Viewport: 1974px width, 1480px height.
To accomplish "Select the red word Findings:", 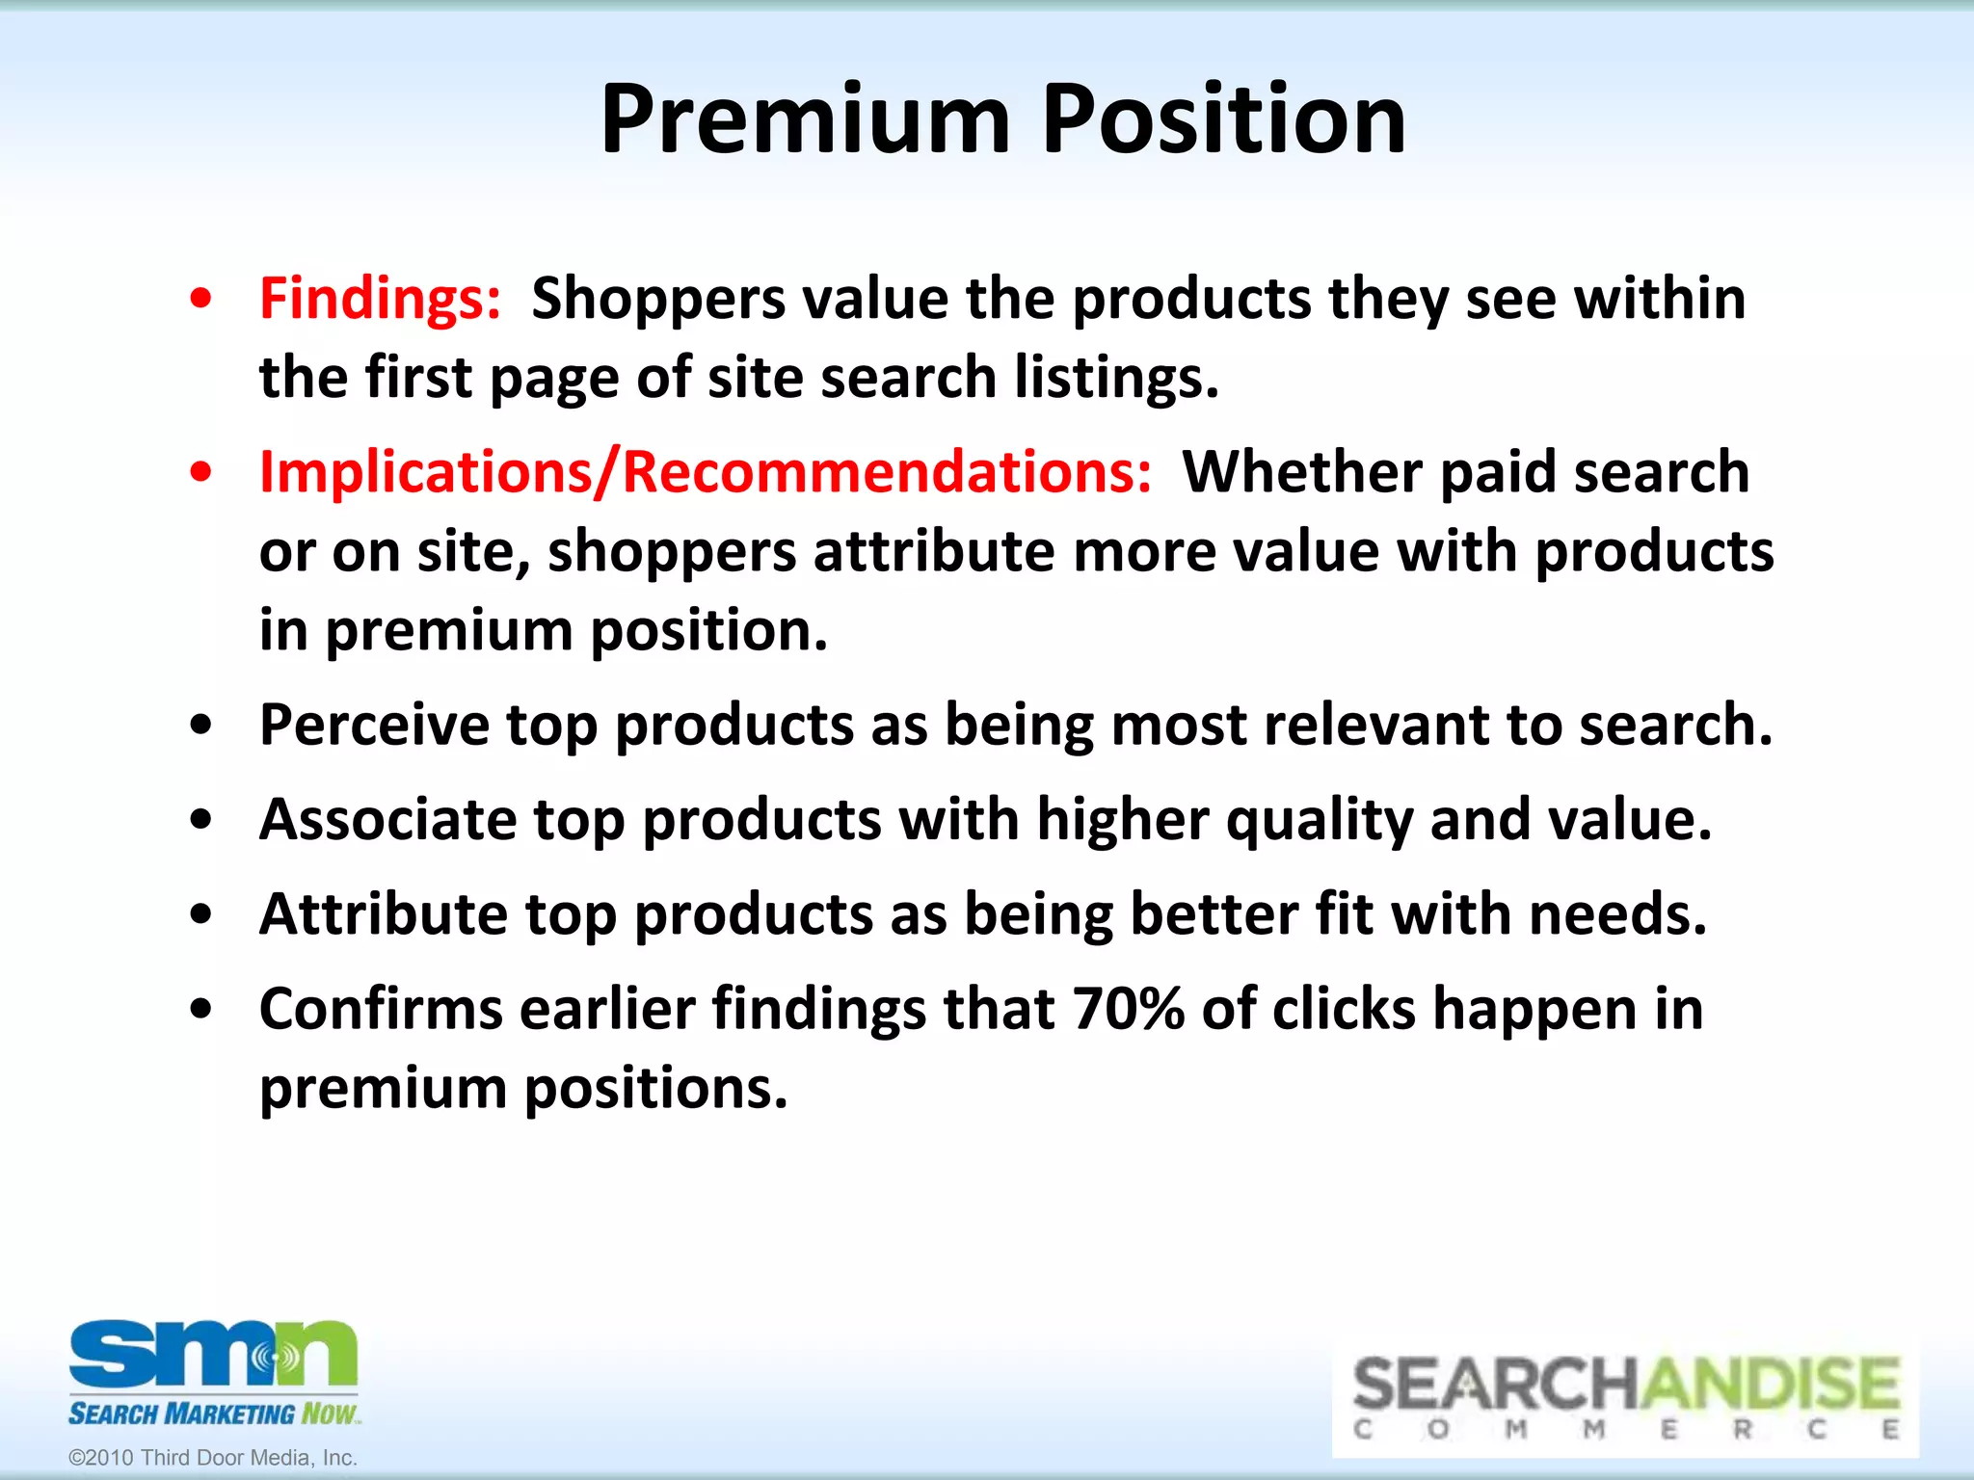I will coord(380,298).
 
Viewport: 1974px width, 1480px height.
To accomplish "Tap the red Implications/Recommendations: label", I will coord(705,472).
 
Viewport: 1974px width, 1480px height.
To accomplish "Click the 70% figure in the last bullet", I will coord(1128,1009).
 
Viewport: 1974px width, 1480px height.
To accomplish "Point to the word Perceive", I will coord(374,725).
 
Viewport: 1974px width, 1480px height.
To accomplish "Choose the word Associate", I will coord(387,819).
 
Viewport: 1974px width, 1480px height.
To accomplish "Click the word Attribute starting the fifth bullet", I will coord(383,913).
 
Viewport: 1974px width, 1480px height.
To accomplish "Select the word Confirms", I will coord(381,1009).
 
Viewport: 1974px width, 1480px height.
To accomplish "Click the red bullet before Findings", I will coord(200,300).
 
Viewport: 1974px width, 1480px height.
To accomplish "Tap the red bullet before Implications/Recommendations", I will coord(200,473).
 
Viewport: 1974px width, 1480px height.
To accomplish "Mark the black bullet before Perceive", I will coord(200,726).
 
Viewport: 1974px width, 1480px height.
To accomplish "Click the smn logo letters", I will coord(212,1354).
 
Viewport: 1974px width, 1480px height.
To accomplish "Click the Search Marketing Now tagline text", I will coord(213,1414).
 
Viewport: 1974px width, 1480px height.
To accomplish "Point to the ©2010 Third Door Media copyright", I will coord(213,1458).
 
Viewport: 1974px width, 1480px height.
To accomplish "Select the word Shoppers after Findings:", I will coord(658,298).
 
